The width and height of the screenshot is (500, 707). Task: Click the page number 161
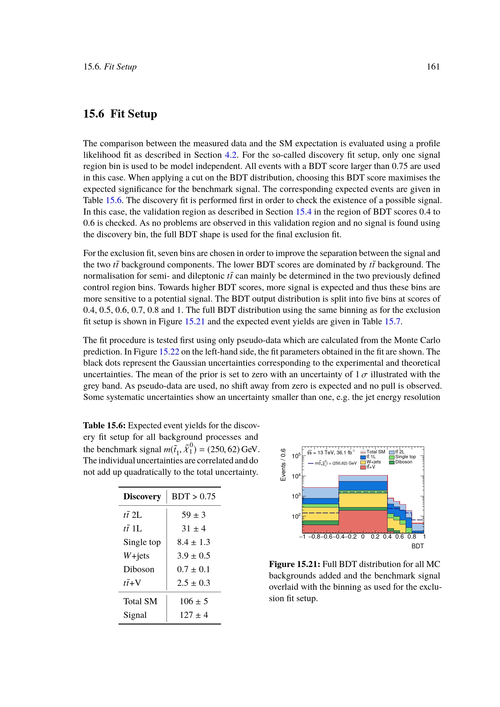click(433, 67)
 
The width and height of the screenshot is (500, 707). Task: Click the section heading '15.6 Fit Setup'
click(120, 114)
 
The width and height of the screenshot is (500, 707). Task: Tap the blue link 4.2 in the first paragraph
click(231, 155)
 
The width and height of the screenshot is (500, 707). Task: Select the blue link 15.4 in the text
click(303, 212)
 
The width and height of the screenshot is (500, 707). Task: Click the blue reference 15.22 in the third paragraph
click(169, 352)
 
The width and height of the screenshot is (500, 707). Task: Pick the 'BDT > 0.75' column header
click(193, 496)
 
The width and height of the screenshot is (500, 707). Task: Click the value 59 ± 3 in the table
click(193, 515)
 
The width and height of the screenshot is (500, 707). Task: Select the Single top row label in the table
click(142, 542)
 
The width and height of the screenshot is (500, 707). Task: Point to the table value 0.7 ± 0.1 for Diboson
click(193, 569)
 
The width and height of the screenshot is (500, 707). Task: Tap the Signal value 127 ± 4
click(193, 615)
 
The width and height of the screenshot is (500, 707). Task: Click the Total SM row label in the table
click(140, 601)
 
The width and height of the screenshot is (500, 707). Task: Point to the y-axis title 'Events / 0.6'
click(283, 465)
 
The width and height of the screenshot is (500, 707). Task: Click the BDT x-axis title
click(417, 546)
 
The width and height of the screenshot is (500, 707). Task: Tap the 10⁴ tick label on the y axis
click(296, 476)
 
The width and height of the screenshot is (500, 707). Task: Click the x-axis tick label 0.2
click(375, 537)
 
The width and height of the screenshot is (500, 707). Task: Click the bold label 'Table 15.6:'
click(104, 426)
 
